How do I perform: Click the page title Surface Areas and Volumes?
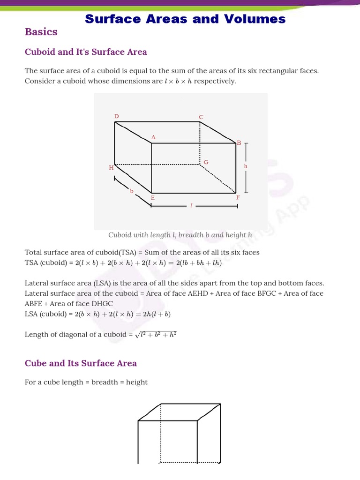185,19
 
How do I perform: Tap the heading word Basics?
41,32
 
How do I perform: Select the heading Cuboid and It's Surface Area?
86,52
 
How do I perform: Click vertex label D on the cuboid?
117,116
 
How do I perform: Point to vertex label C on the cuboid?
201,117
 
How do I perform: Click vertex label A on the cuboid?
153,137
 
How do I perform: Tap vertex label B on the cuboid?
239,142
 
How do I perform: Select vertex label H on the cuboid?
111,167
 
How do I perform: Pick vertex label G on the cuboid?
206,162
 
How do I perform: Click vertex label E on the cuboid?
153,198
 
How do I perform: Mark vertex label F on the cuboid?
238,198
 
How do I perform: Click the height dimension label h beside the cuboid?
246,166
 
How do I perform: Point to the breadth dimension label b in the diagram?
132,191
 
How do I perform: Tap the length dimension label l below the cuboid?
191,206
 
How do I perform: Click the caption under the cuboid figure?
180,235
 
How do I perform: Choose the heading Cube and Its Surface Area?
81,363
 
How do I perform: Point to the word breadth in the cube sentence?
105,382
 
